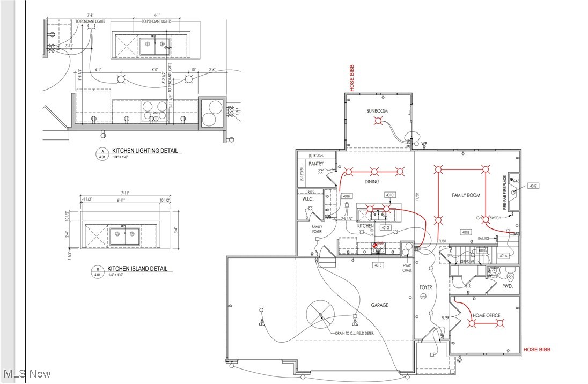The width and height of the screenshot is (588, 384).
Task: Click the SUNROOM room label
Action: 377,111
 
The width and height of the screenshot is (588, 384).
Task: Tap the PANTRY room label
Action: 315,164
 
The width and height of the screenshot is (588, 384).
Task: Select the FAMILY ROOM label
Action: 465,196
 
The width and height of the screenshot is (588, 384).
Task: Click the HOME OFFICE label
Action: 486,315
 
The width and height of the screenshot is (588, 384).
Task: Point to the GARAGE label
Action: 379,305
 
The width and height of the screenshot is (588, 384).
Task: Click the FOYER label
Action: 425,288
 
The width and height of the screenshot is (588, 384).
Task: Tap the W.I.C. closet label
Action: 307,199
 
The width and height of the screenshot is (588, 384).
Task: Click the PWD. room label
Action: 508,286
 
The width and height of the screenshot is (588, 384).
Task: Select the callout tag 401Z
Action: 533,186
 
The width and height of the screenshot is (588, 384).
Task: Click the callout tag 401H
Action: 347,196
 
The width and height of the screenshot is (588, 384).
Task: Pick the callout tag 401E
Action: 378,265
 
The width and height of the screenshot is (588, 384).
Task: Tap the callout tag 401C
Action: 389,195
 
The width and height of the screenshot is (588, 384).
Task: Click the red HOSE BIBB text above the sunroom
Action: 352,78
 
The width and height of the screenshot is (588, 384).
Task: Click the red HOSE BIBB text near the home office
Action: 536,350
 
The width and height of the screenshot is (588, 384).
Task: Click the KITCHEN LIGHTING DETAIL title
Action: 144,151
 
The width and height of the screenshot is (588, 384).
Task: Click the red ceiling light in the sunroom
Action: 378,122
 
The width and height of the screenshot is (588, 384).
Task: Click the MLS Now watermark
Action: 27,373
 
